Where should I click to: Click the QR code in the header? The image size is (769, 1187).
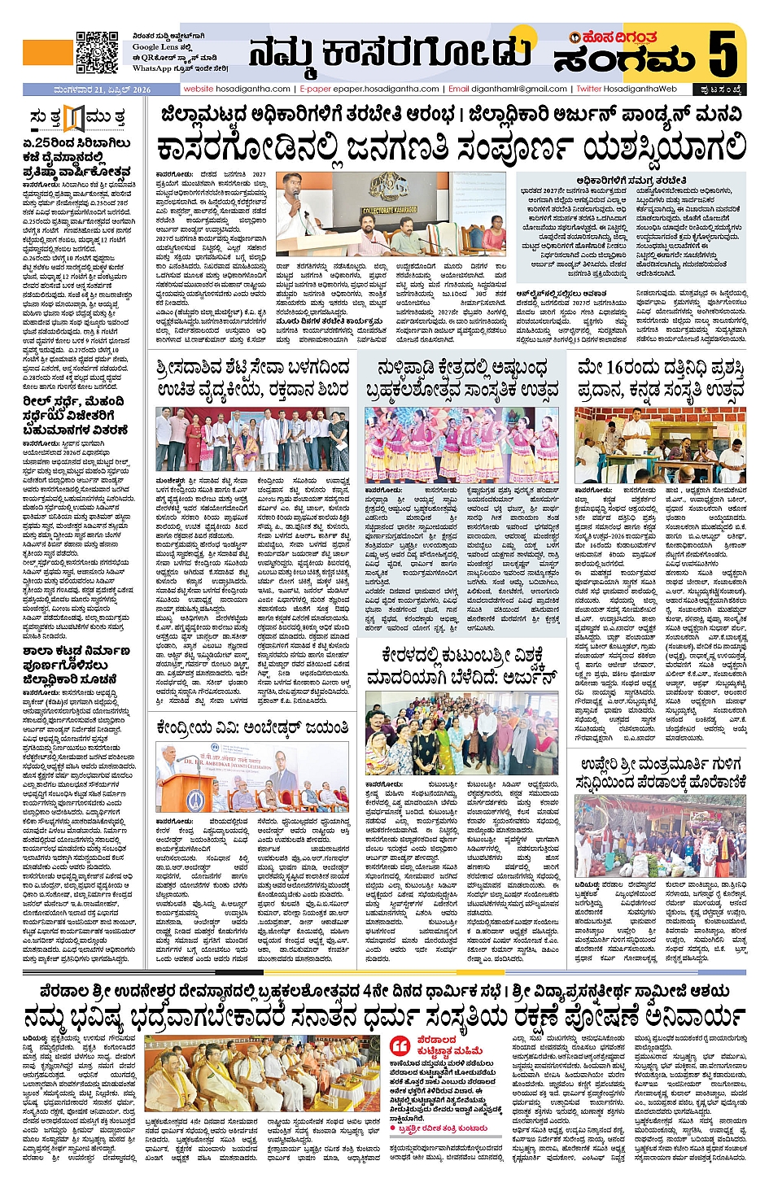[x=97, y=52]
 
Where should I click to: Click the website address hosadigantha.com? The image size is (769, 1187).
[x=237, y=89]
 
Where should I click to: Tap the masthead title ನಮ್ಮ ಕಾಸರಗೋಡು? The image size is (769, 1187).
[x=390, y=53]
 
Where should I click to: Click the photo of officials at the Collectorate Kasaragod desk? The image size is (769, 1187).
[x=391, y=214]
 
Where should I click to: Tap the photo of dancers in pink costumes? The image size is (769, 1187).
[x=461, y=445]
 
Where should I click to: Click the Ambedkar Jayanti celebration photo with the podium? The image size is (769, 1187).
[x=252, y=779]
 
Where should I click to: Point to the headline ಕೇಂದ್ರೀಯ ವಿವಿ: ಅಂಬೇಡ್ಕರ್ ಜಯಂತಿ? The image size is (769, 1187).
[x=253, y=727]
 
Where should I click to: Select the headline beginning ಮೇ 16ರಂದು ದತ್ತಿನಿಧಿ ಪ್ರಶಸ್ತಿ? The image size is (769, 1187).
[x=660, y=378]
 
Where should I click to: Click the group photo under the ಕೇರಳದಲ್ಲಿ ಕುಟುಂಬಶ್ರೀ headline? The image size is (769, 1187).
[x=461, y=733]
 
